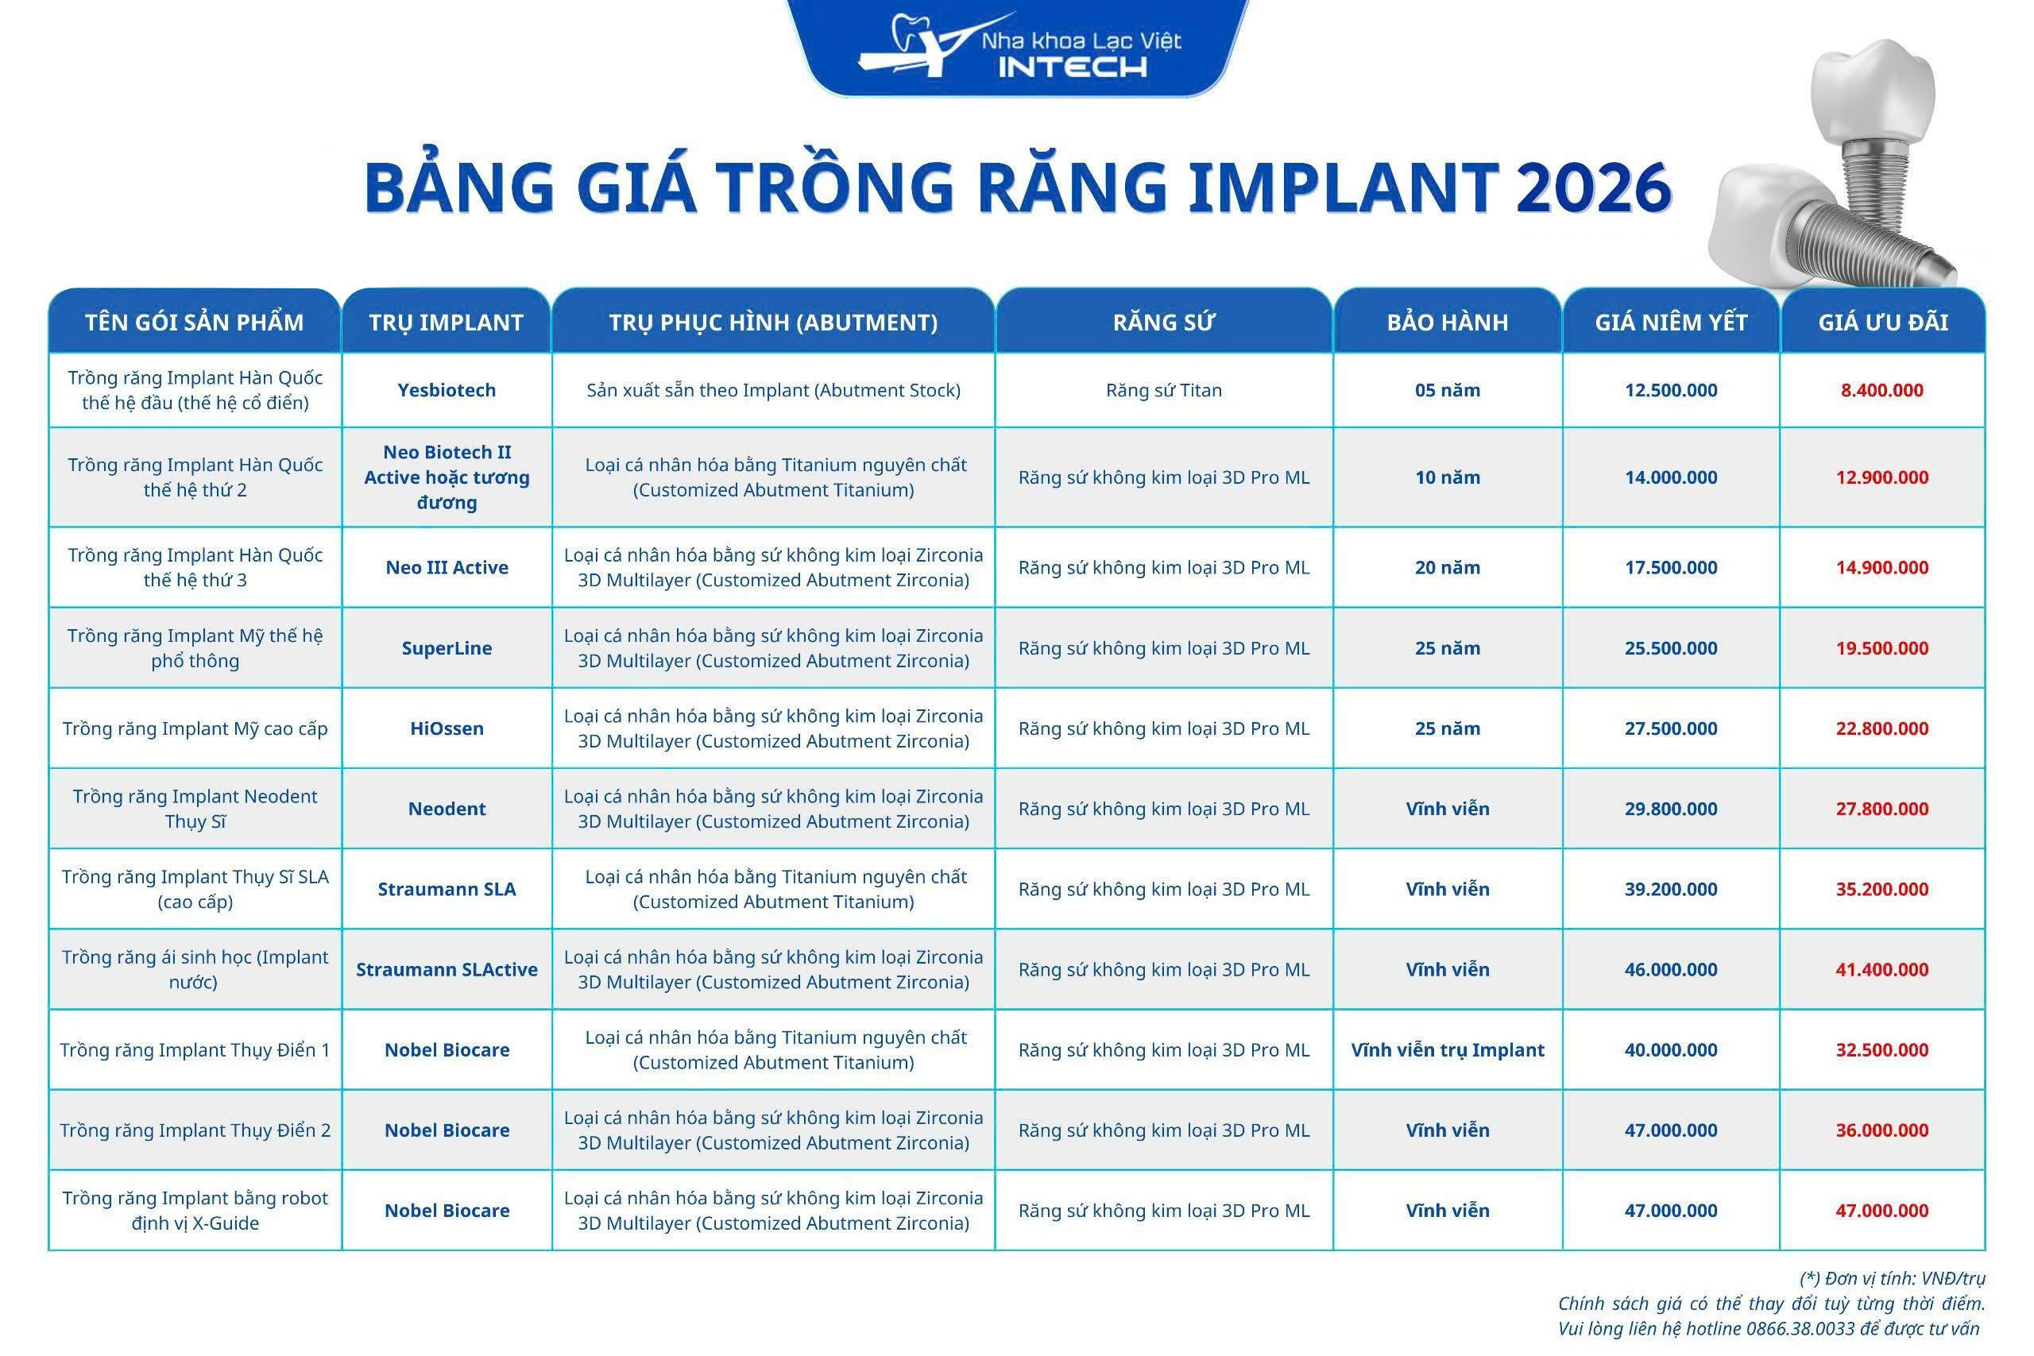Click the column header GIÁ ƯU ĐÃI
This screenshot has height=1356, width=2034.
click(x=1883, y=323)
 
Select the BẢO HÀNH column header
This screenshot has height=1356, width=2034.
click(x=1447, y=323)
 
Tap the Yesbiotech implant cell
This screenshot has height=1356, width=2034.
click(x=447, y=390)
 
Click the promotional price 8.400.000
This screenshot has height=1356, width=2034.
click(x=1881, y=390)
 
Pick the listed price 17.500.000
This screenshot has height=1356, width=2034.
click(x=1670, y=568)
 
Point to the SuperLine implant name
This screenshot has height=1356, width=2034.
click(x=447, y=648)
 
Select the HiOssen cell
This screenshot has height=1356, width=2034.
click(x=447, y=729)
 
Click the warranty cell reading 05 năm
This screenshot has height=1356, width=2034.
click(x=1447, y=390)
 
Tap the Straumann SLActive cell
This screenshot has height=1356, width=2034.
click(x=447, y=969)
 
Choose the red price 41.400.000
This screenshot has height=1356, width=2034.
click(x=1881, y=969)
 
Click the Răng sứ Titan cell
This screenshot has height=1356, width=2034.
click(x=1163, y=390)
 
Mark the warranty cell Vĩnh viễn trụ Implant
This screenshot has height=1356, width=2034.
click(x=1447, y=1050)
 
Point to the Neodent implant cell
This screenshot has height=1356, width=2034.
click(x=447, y=809)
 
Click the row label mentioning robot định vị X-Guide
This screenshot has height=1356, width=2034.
click(x=195, y=1211)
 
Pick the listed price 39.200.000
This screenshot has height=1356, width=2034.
click(x=1670, y=889)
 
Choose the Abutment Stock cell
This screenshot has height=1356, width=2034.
click(x=773, y=390)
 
